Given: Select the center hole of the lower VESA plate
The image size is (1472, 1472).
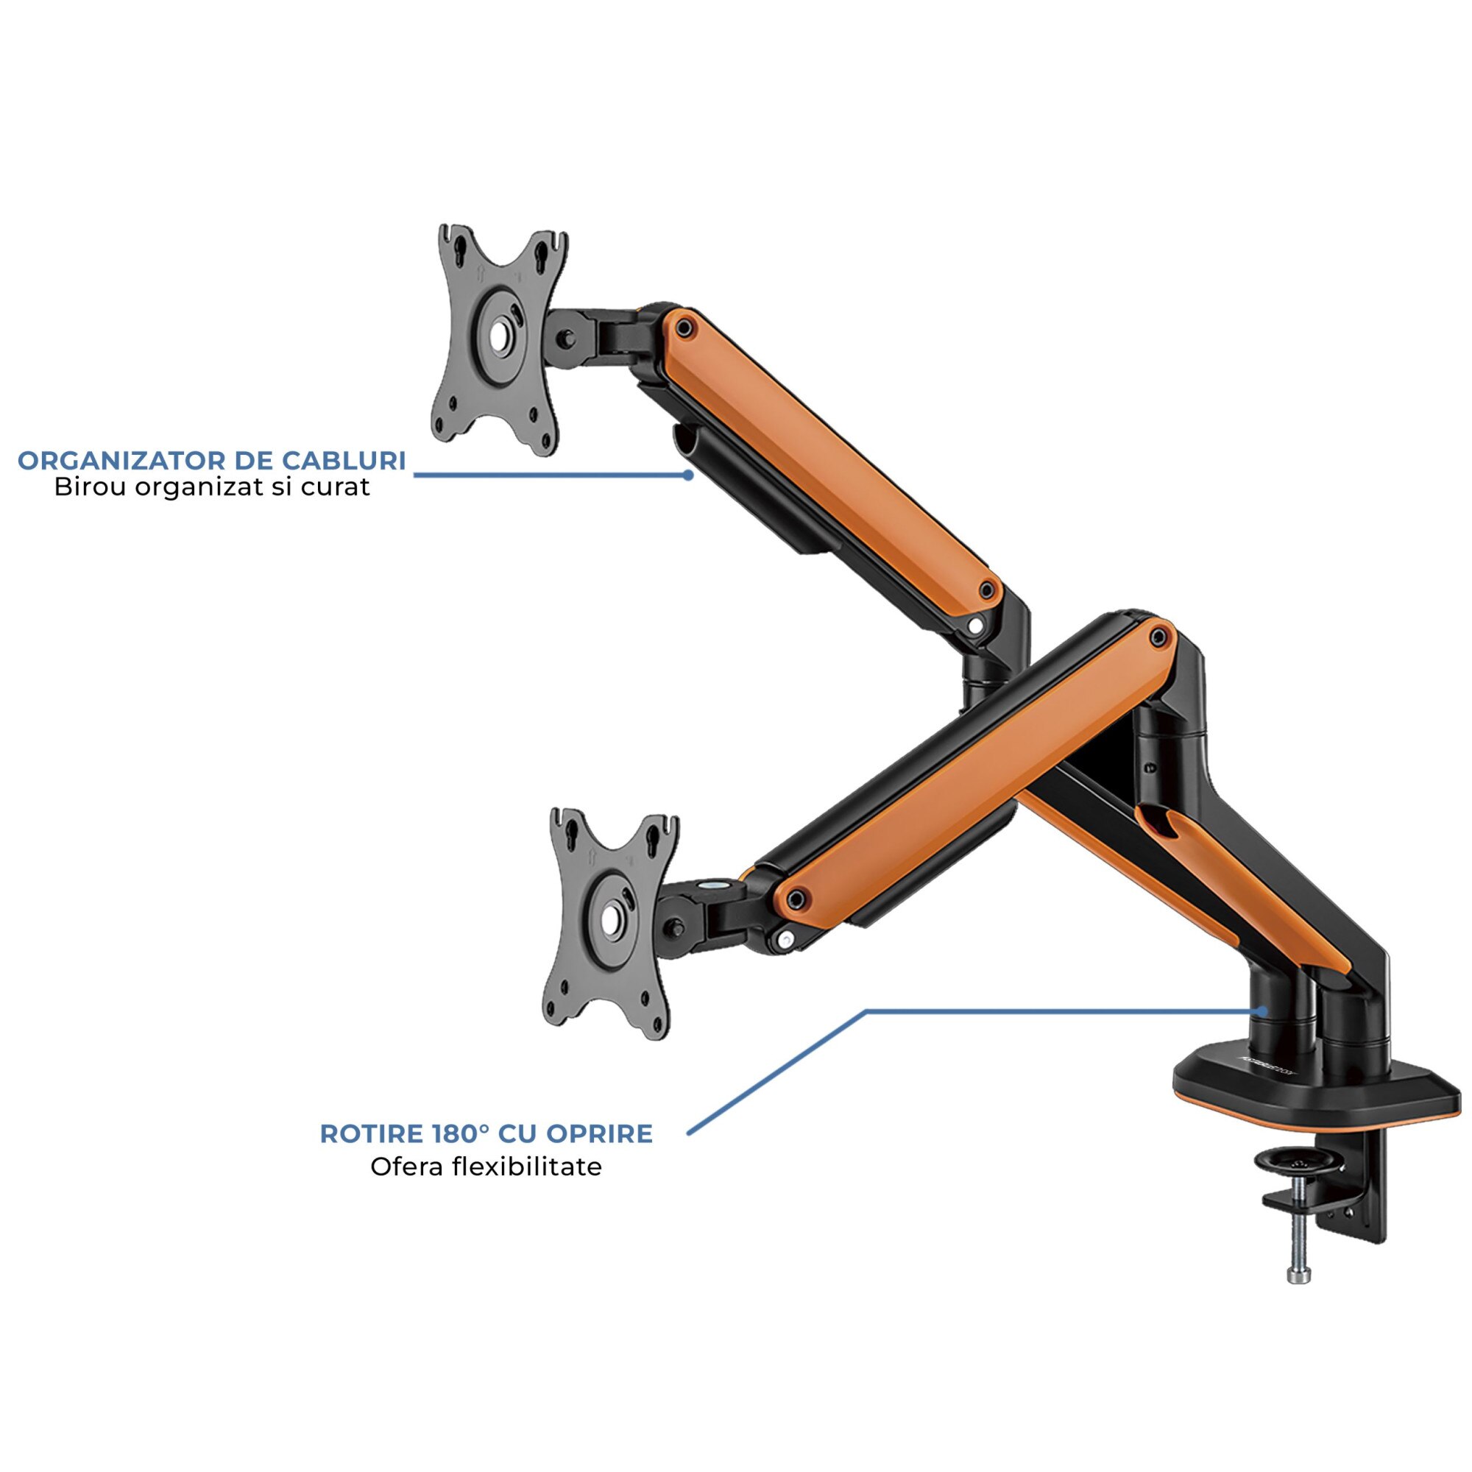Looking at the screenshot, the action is point(611,919).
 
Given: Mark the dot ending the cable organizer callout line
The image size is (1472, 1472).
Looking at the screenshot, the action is point(688,474).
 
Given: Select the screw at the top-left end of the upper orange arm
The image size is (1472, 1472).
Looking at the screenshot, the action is point(685,328).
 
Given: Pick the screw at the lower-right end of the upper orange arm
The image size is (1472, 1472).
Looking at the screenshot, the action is point(987,589).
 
